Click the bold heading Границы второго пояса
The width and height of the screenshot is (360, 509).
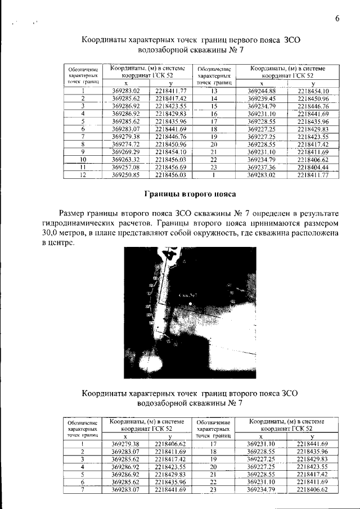click(188, 194)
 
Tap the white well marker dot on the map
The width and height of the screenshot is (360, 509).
click(190, 303)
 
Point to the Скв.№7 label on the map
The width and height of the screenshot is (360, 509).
click(186, 294)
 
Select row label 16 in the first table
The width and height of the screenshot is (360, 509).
click(214, 113)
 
